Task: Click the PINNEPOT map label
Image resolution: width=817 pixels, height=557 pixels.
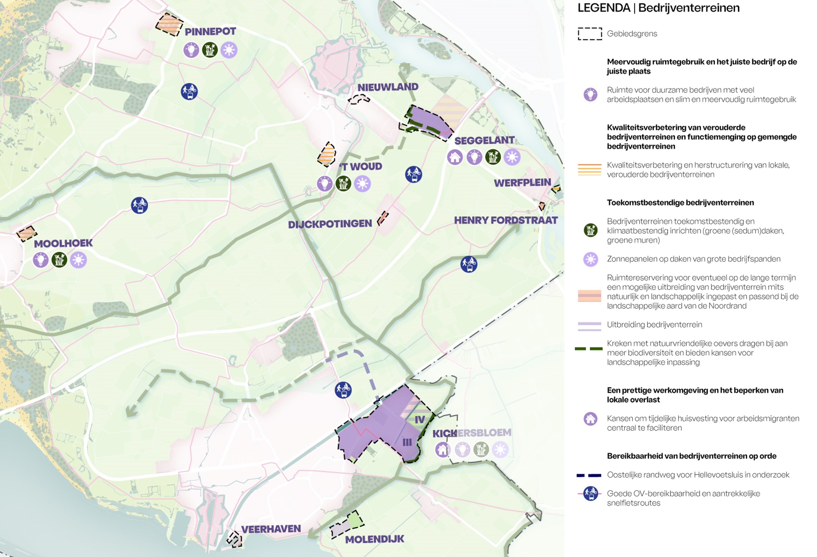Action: [x=210, y=32]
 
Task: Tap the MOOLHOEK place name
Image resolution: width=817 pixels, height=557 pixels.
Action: [x=63, y=243]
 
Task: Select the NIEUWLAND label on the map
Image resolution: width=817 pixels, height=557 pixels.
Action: [x=388, y=87]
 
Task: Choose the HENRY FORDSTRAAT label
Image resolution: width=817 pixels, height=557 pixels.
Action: [x=505, y=220]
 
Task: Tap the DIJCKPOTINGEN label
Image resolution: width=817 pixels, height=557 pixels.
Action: [x=330, y=224]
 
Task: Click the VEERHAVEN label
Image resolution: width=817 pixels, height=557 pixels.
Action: [x=271, y=529]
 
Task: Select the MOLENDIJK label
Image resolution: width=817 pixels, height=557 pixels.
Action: [x=374, y=539]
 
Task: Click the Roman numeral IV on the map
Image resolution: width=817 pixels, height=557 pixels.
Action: [x=420, y=420]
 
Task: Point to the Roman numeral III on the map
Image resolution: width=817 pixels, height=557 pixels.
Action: [x=407, y=442]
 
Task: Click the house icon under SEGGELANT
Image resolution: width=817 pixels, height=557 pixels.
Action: [x=455, y=157]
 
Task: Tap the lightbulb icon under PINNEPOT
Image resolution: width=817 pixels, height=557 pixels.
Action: [x=191, y=50]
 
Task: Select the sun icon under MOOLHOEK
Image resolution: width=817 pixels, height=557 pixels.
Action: [x=78, y=260]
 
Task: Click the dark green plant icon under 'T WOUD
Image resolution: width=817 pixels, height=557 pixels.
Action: [x=344, y=183]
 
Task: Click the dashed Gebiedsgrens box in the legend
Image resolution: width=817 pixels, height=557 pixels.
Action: [x=589, y=34]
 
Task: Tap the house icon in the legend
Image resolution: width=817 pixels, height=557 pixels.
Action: [x=590, y=419]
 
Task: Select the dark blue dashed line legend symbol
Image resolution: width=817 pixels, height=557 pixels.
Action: [x=589, y=475]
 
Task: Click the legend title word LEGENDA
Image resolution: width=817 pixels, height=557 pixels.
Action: [x=604, y=8]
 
